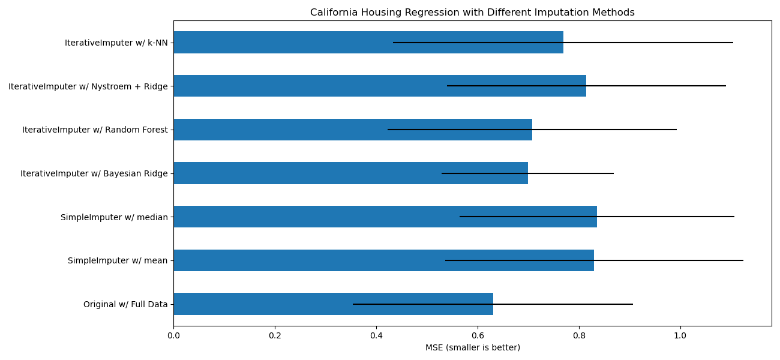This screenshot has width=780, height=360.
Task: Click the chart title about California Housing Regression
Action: pyautogui.click(x=472, y=13)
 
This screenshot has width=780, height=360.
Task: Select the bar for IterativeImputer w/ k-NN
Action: pyautogui.click(x=368, y=43)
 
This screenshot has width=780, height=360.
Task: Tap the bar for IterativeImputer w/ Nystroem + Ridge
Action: pyautogui.click(x=379, y=86)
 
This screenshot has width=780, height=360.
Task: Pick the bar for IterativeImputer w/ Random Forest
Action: pyautogui.click(x=352, y=130)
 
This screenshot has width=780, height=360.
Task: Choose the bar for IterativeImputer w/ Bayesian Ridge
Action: pyautogui.click(x=350, y=173)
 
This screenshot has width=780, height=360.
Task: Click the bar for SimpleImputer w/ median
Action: pyautogui.click(x=385, y=217)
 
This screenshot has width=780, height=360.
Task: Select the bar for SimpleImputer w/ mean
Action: pyautogui.click(x=383, y=260)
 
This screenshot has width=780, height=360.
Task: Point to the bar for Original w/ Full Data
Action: pyautogui.click(x=333, y=304)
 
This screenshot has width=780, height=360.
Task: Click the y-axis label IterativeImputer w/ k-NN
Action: pyautogui.click(x=116, y=43)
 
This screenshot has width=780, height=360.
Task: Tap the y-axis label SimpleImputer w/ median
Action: pyautogui.click(x=114, y=217)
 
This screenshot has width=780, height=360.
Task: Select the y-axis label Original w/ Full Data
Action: pyautogui.click(x=125, y=304)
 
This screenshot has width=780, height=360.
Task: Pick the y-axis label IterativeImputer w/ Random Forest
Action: pyautogui.click(x=95, y=130)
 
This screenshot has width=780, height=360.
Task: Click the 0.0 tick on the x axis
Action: pyautogui.click(x=173, y=336)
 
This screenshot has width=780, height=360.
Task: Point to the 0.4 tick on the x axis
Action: pyautogui.click(x=376, y=336)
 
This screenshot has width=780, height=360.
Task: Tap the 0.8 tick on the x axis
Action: pyautogui.click(x=579, y=336)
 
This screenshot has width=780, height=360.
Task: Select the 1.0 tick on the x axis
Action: pyautogui.click(x=680, y=336)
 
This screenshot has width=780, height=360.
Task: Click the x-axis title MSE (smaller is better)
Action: pyautogui.click(x=472, y=348)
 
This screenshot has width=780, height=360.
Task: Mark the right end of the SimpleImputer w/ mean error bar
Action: pyautogui.click(x=743, y=260)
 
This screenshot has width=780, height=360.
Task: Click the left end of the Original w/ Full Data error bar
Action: pyautogui.click(x=353, y=304)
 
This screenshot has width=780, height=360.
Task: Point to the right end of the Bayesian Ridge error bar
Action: pyautogui.click(x=613, y=173)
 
